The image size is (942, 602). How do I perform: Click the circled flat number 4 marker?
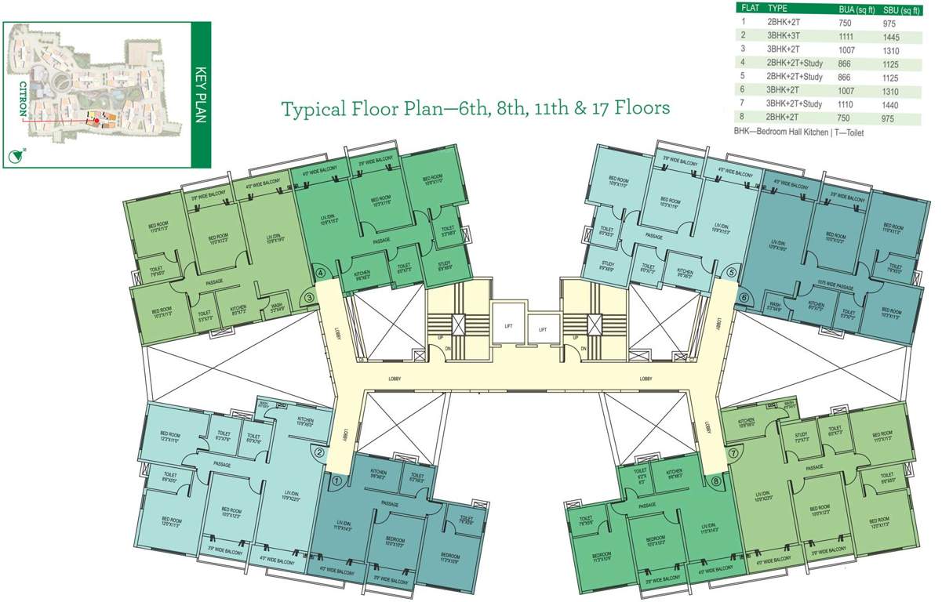click(320, 274)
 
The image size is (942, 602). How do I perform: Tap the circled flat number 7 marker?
click(733, 453)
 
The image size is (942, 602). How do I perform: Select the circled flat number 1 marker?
click(336, 481)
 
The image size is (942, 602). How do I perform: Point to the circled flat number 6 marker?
click(743, 298)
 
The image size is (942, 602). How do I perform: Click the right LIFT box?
click(542, 329)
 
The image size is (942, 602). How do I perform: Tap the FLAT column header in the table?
click(748, 8)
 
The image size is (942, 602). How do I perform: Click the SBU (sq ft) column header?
click(902, 8)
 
